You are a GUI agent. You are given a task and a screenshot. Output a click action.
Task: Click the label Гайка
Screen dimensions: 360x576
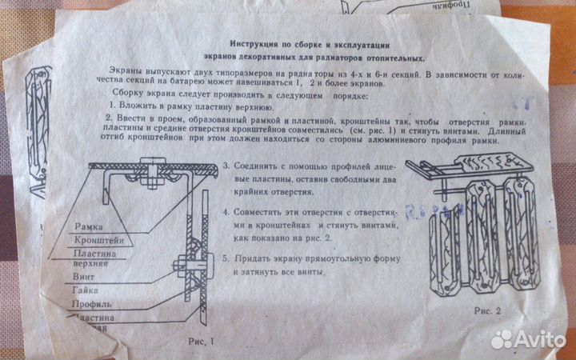tap(88, 292)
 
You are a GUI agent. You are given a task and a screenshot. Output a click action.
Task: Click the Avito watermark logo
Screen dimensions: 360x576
tap(527, 339)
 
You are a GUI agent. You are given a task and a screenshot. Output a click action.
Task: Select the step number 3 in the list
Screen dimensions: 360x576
tap(226, 165)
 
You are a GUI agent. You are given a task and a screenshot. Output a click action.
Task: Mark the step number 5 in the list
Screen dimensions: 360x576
tap(226, 258)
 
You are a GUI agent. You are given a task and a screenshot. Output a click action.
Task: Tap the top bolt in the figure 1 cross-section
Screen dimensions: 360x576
tap(151, 170)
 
